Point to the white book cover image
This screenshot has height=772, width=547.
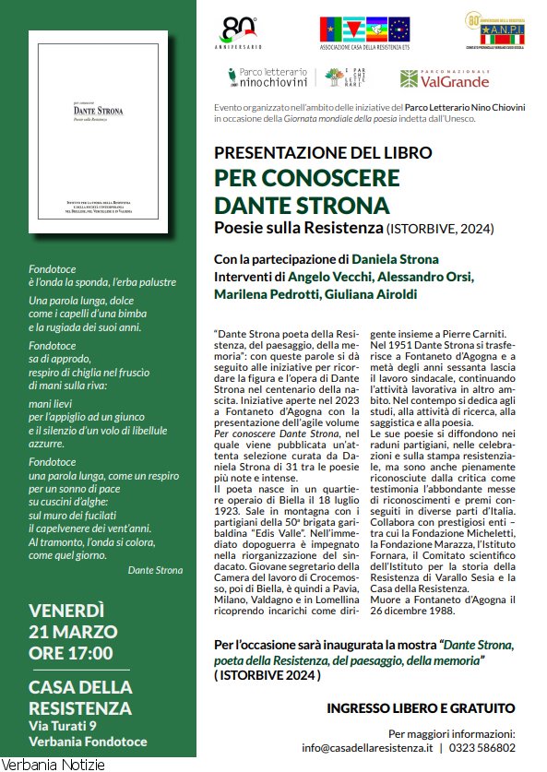(x=98, y=132)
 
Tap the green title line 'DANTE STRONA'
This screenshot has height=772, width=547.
(x=302, y=204)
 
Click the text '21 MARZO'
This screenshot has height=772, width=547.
(x=74, y=632)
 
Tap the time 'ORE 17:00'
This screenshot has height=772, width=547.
(x=71, y=654)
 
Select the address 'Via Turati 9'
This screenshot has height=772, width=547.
(x=68, y=725)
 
